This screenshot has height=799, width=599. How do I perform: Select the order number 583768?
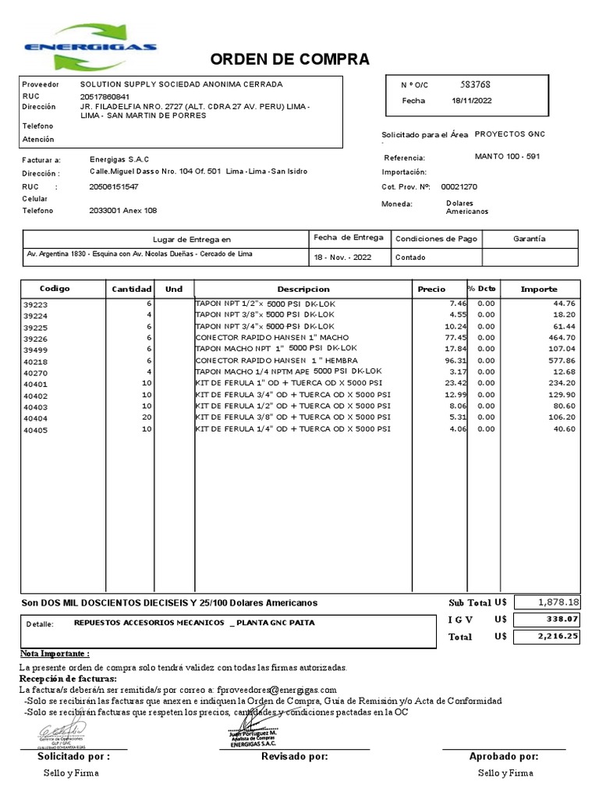click(475, 84)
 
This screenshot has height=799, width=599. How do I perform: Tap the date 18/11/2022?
click(472, 101)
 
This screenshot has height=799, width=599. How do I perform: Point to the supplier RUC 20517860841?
click(112, 97)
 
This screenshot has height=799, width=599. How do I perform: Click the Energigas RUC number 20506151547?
click(115, 186)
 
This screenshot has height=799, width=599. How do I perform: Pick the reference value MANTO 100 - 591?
click(507, 156)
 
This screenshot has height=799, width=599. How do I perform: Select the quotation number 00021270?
click(459, 186)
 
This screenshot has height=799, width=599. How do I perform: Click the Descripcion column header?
click(303, 289)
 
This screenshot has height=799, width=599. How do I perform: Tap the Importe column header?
click(539, 289)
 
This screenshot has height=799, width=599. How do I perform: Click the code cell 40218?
click(36, 361)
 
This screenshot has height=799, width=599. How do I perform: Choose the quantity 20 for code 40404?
click(146, 417)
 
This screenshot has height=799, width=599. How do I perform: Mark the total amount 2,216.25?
click(558, 636)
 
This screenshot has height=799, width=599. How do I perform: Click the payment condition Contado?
click(410, 257)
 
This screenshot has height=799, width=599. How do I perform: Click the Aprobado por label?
click(503, 756)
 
